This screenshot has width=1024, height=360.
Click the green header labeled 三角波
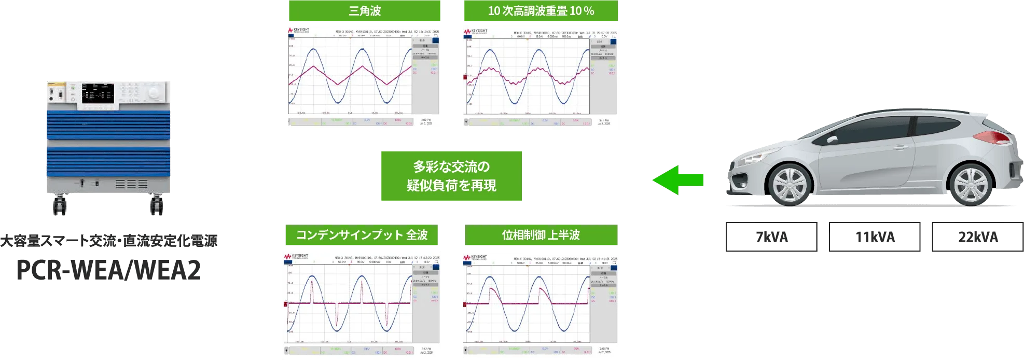point(365,11)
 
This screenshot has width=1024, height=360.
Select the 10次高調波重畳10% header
point(540,11)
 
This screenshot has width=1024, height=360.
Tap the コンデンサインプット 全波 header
point(361,235)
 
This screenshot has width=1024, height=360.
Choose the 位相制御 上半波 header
point(541,235)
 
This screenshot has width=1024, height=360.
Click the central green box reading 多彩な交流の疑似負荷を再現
point(450,176)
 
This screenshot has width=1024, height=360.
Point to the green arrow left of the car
point(677,180)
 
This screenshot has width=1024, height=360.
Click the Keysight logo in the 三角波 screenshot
point(299,31)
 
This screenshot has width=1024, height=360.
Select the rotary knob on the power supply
point(154,93)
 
